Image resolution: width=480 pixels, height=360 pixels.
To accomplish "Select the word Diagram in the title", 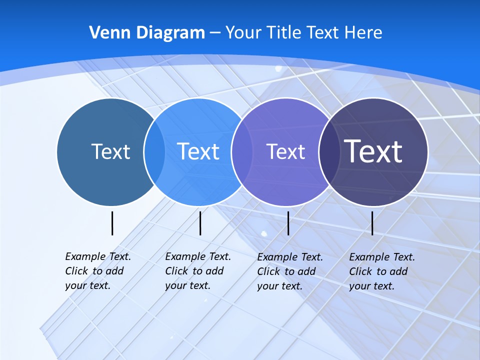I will (x=170, y=33).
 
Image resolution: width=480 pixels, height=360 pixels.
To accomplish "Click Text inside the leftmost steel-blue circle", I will (x=110, y=151).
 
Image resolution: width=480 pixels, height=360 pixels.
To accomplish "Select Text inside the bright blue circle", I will (x=198, y=151).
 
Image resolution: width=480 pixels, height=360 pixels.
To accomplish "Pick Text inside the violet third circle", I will (x=285, y=151).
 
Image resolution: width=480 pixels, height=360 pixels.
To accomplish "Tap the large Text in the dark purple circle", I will (x=373, y=151).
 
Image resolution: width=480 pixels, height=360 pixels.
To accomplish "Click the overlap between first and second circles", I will (x=154, y=152).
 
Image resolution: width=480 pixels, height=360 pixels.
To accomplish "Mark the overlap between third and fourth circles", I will (x=327, y=152).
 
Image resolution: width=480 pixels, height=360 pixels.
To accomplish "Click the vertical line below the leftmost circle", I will (x=112, y=223).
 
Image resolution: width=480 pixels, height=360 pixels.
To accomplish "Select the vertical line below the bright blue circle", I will (x=200, y=223).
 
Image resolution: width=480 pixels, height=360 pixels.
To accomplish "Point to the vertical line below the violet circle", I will (x=288, y=223).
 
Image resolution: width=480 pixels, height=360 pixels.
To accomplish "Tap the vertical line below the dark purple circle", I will (x=372, y=223).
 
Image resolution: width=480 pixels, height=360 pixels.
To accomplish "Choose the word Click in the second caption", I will (x=176, y=271).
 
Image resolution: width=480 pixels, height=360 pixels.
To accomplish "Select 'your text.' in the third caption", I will (x=280, y=286).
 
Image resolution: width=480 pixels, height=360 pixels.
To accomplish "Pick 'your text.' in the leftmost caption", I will (x=87, y=286).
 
